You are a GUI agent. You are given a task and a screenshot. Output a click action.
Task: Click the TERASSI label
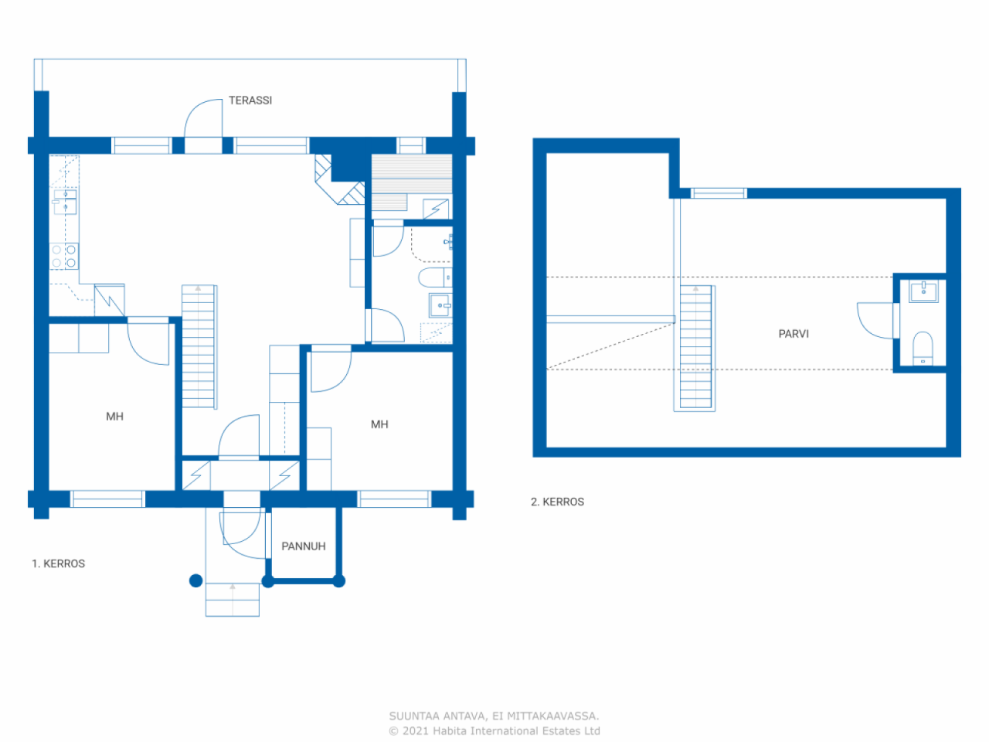click(250, 100)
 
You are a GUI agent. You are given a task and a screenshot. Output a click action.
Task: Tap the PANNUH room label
click(303, 546)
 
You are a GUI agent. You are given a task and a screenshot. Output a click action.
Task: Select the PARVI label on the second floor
click(794, 334)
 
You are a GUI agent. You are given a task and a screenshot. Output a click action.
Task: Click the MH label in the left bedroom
click(114, 417)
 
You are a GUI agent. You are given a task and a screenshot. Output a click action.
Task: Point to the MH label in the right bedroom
click(379, 424)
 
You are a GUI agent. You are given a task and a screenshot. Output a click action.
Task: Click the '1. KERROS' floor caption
click(58, 563)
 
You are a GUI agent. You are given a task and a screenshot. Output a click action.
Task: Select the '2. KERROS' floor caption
click(557, 502)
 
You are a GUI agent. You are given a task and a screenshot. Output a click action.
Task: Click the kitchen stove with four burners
click(64, 256)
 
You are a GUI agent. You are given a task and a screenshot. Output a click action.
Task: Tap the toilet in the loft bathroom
click(923, 349)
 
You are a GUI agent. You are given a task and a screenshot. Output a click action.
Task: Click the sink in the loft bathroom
click(923, 291)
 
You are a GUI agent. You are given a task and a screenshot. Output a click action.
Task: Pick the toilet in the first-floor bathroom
click(435, 277)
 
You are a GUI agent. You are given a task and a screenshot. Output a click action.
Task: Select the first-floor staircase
click(199, 347)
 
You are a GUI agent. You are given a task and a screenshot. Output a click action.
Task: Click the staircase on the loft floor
click(695, 349)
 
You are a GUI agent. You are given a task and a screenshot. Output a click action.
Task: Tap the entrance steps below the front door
click(233, 600)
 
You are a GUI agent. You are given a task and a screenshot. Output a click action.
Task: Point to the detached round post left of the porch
click(195, 580)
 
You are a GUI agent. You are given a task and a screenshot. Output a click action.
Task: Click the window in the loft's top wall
click(719, 193)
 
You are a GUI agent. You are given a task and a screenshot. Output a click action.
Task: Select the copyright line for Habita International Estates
click(494, 730)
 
